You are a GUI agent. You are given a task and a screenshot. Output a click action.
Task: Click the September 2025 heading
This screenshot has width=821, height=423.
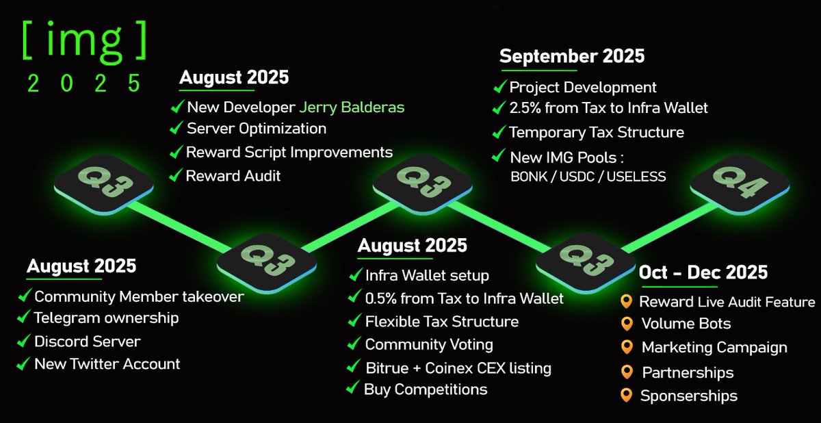572,56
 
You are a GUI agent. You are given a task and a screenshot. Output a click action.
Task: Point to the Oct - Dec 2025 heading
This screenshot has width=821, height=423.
703,273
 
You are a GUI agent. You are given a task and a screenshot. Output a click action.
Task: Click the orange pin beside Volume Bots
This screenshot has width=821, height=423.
626,324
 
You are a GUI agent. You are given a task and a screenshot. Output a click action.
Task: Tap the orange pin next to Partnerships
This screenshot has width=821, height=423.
626,372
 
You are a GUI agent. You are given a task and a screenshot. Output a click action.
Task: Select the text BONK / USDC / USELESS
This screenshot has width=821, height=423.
588,177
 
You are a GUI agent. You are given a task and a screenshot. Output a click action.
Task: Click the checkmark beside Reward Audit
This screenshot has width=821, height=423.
177,175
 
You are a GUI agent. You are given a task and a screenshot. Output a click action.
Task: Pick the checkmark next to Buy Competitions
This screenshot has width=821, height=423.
353,389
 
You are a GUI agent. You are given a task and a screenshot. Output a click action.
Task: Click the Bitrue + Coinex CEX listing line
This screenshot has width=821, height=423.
458,368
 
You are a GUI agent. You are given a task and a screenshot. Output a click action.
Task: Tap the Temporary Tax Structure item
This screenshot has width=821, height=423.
597,132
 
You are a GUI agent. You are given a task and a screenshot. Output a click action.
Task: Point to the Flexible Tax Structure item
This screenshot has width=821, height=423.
441,322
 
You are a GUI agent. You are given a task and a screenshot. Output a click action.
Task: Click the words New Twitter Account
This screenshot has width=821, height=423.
107,364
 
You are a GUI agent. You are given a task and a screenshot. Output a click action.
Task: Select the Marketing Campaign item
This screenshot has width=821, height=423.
714,348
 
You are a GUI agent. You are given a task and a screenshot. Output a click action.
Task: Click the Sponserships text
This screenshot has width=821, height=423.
689,396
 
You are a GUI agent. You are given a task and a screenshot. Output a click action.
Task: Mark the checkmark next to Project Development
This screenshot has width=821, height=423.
499,87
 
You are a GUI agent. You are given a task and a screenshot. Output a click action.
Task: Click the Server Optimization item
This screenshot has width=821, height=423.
257,129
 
